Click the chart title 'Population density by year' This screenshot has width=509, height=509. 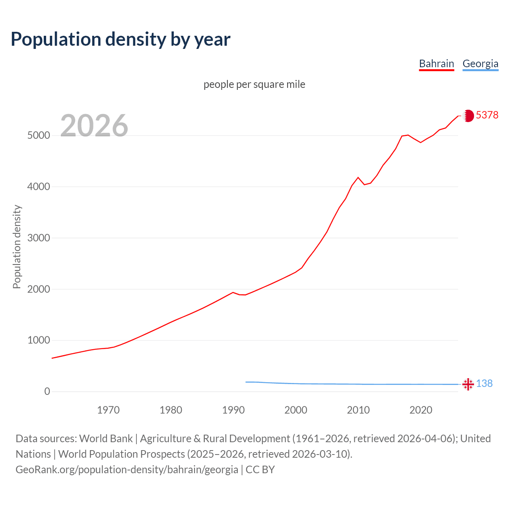pyautogui.click(x=120, y=39)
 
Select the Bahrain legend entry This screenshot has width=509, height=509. pyautogui.click(x=436, y=64)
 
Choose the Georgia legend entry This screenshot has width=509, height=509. pyautogui.click(x=480, y=64)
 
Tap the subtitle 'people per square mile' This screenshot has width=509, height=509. pyautogui.click(x=254, y=84)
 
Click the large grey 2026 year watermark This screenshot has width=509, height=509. pyautogui.click(x=94, y=126)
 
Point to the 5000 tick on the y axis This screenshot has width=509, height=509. pyautogui.click(x=39, y=136)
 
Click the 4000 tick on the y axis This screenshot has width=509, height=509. pyautogui.click(x=39, y=187)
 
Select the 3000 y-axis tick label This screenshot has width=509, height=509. pyautogui.click(x=39, y=238)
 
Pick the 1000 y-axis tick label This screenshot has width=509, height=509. pyautogui.click(x=39, y=340)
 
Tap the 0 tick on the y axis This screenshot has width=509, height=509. pyautogui.click(x=47, y=392)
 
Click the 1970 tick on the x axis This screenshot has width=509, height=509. pyautogui.click(x=108, y=410)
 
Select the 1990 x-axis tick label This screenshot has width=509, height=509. pyautogui.click(x=233, y=410)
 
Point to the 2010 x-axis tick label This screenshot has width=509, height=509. pyautogui.click(x=358, y=410)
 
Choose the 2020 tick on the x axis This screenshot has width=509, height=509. pyautogui.click(x=421, y=410)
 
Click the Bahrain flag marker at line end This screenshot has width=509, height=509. pyautogui.click(x=468, y=116)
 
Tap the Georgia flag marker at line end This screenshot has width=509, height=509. pyautogui.click(x=468, y=384)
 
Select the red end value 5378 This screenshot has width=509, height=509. pyautogui.click(x=487, y=115)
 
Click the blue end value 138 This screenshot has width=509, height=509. pyautogui.click(x=484, y=383)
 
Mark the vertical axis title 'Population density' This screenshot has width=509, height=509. pyautogui.click(x=17, y=247)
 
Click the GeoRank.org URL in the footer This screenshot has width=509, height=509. pyautogui.click(x=127, y=470)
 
